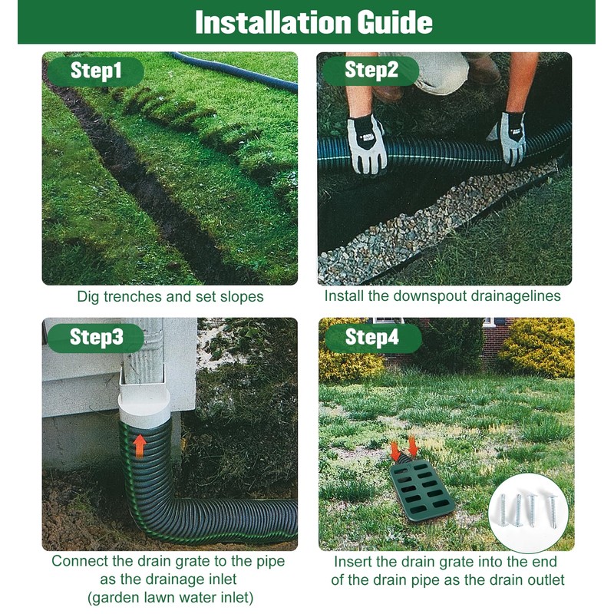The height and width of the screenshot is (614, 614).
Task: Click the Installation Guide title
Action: coord(313,22)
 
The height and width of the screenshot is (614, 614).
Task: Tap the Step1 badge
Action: coord(96,71)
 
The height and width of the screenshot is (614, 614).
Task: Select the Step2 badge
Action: coord(371,71)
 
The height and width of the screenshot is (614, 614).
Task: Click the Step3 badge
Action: coord(96,337)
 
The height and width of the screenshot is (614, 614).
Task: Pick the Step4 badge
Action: coord(372,337)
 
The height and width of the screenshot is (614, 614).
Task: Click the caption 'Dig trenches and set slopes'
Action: coord(170,296)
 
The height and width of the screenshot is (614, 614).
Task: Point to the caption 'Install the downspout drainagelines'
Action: coord(443,296)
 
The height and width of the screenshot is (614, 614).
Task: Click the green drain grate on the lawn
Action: coord(421,488)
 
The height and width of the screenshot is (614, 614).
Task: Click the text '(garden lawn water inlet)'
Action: coord(169,598)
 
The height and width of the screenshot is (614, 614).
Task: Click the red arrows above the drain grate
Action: coord(404,447)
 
